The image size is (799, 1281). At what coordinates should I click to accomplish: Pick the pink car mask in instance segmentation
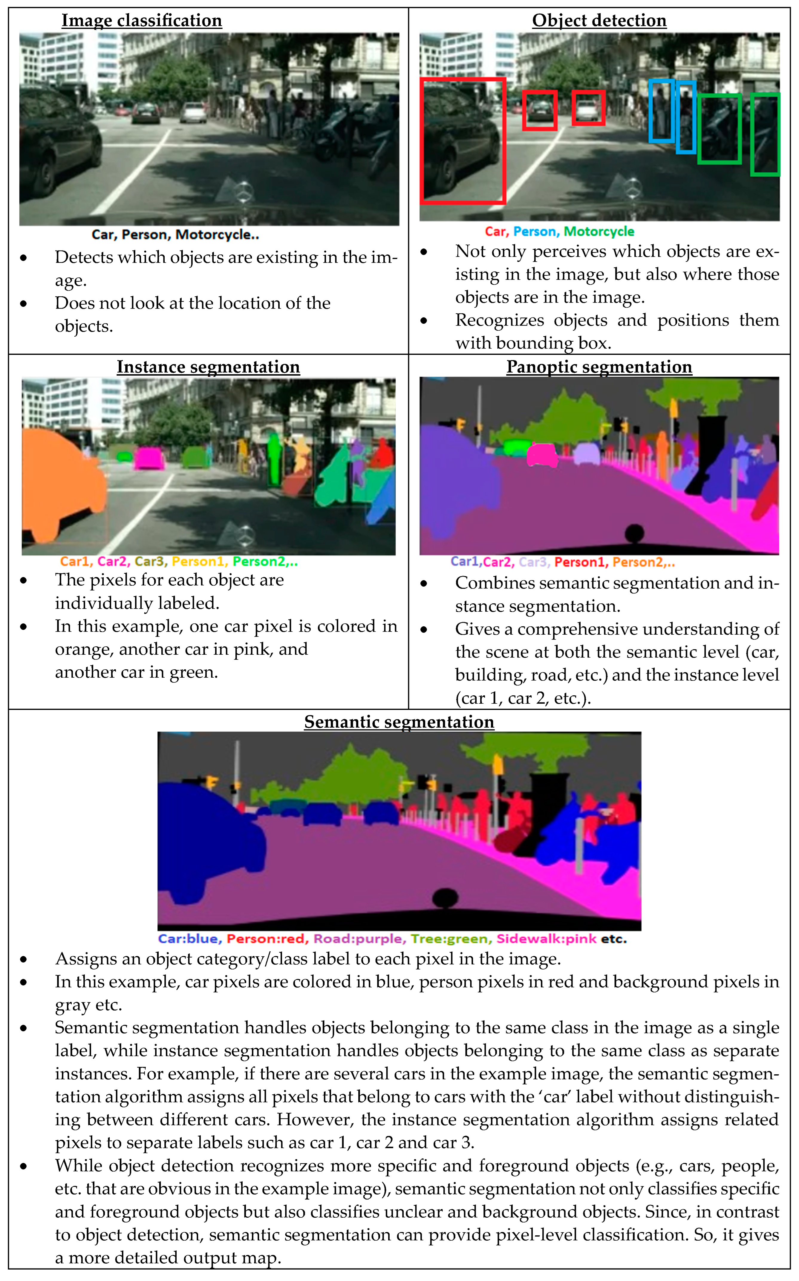click(x=149, y=458)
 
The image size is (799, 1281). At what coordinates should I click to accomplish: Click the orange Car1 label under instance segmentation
click(x=74, y=562)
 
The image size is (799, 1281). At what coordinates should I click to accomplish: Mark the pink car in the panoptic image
click(x=542, y=454)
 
